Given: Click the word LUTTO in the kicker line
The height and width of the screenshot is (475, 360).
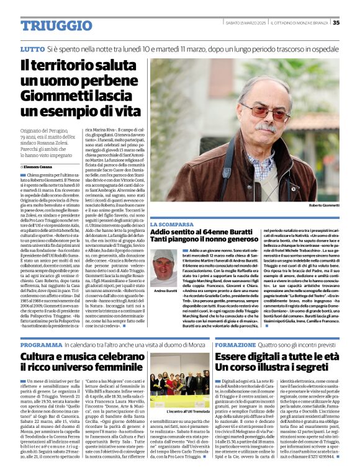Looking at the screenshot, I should (x=32, y=48).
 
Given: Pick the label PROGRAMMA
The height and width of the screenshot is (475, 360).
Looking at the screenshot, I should (x=41, y=344).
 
